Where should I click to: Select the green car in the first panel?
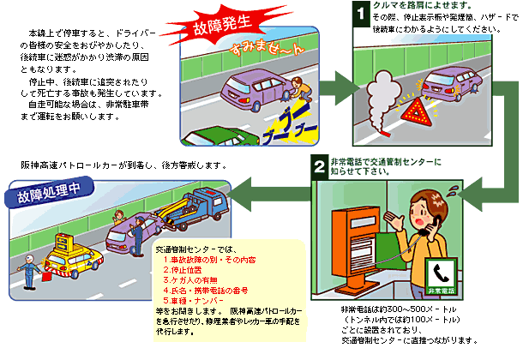(x=214, y=136)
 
